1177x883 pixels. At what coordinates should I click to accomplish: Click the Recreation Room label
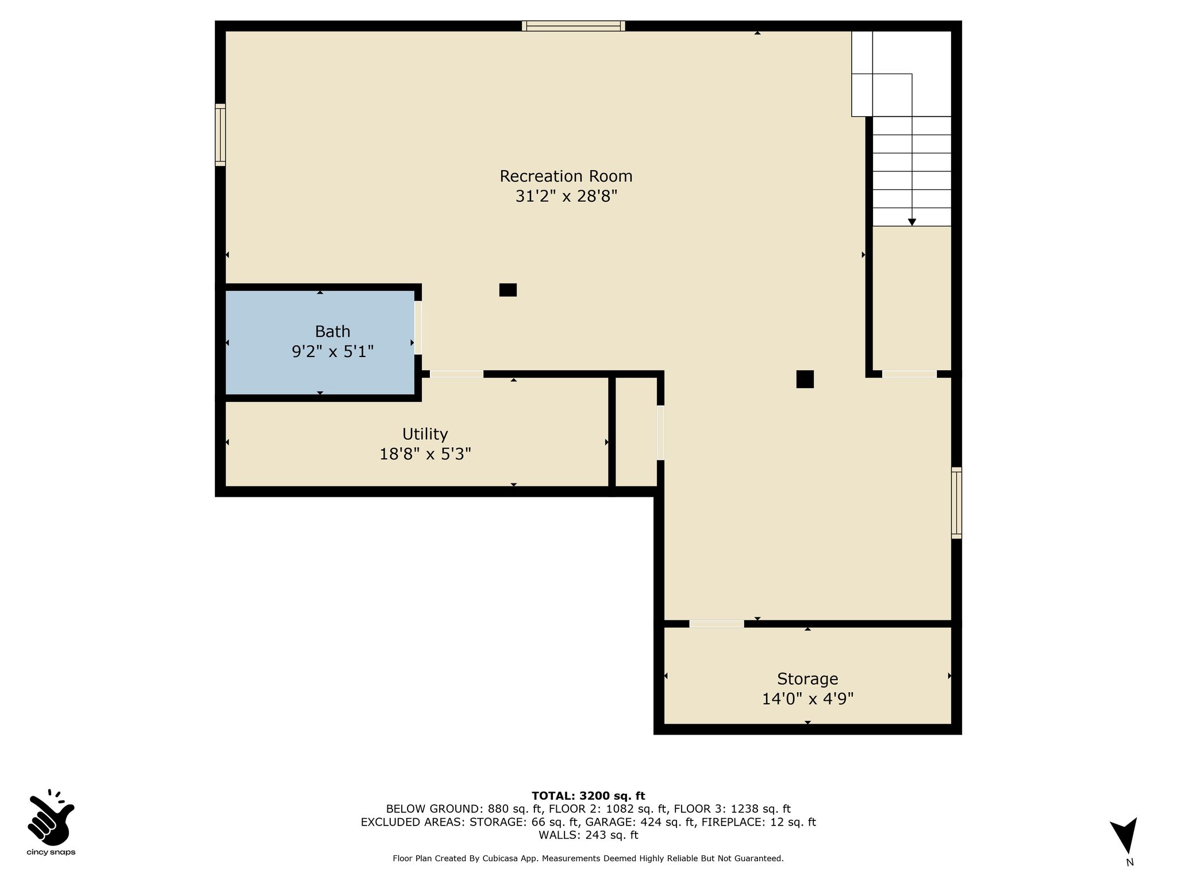point(566,176)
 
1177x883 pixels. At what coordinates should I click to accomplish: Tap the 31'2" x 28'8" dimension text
point(566,197)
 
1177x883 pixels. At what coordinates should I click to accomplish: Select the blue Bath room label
point(332,332)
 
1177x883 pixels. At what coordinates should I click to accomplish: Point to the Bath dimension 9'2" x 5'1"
point(333,351)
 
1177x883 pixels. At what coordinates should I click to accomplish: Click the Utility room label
point(425,434)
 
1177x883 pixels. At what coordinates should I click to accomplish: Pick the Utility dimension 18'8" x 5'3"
point(425,454)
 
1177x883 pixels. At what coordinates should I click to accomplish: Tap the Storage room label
point(807,679)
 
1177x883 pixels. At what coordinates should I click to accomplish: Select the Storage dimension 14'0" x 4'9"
point(807,699)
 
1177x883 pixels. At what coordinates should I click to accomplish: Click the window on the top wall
point(574,26)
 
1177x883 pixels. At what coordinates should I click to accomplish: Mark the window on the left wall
point(220,135)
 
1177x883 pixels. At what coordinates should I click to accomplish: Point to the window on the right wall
point(956,503)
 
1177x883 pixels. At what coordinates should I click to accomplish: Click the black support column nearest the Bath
point(508,290)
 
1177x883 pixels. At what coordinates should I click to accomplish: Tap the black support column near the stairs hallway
point(805,379)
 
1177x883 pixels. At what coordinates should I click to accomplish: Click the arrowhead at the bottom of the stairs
point(911,222)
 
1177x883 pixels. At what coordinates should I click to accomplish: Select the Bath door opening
point(418,328)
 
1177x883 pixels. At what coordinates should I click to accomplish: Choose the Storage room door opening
point(717,624)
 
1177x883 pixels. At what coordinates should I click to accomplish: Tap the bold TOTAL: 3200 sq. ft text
point(588,796)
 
